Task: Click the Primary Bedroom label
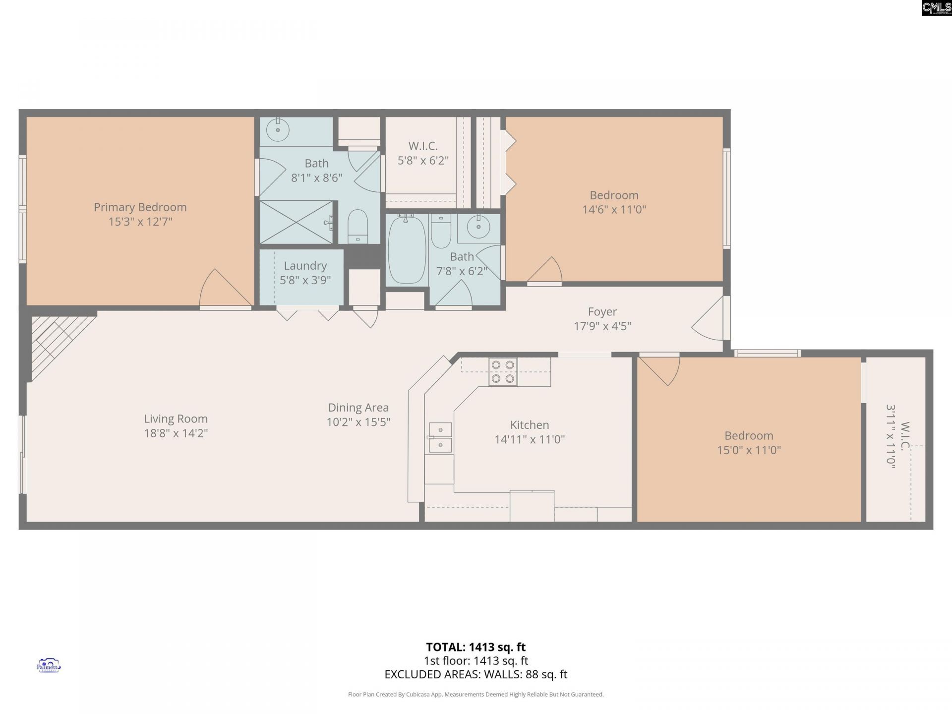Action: pyautogui.click(x=140, y=207)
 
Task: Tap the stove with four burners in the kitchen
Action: pyautogui.click(x=503, y=372)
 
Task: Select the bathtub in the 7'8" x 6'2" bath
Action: pyautogui.click(x=407, y=249)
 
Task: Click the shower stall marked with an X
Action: pyautogui.click(x=297, y=222)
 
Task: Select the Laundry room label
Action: pyautogui.click(x=305, y=266)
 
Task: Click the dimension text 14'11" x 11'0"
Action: pyautogui.click(x=530, y=439)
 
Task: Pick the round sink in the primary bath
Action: pyautogui.click(x=277, y=131)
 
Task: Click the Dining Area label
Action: pyautogui.click(x=358, y=408)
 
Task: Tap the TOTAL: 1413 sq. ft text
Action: pyautogui.click(x=476, y=647)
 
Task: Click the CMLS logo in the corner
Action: pyautogui.click(x=936, y=8)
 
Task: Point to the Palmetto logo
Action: pyautogui.click(x=49, y=665)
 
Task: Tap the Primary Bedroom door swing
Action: pyautogui.click(x=223, y=290)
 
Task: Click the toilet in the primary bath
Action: pyautogui.click(x=357, y=227)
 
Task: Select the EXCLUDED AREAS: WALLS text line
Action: pyautogui.click(x=476, y=674)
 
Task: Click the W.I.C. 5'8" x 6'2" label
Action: pyautogui.click(x=423, y=153)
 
